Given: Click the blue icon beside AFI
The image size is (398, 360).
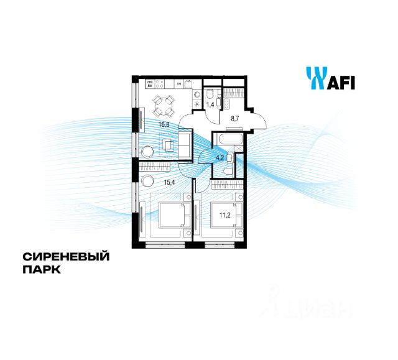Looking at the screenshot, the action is pos(314,78).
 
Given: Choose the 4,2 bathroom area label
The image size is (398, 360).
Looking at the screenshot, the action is pos(221,157).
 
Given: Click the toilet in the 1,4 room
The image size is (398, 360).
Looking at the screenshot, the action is pos(211,94).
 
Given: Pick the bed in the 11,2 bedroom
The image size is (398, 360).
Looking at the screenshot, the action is pos(221,216).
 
